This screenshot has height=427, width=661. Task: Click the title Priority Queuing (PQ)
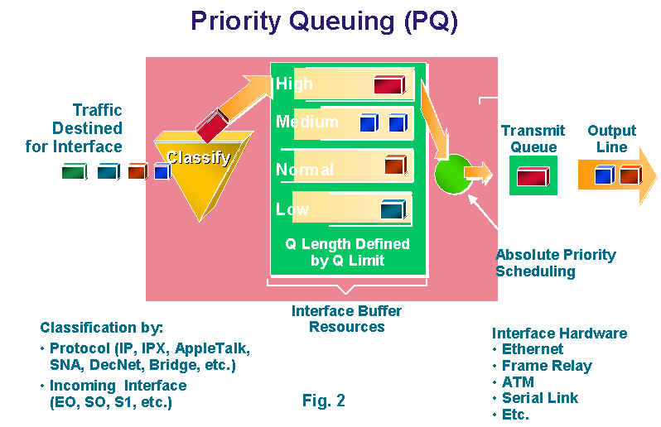324,22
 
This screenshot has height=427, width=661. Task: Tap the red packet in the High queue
389,84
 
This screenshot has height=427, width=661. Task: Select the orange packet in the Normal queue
395,165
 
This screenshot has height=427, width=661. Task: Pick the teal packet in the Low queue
393,209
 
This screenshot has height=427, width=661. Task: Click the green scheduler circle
453,174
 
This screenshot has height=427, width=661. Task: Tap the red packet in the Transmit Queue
533,176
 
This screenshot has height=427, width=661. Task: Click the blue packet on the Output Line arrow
605,175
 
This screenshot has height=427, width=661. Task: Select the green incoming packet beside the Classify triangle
75,171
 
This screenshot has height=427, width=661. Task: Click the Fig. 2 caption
323,401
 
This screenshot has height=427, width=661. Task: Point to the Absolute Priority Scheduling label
556,263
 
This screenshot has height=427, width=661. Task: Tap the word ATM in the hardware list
518,382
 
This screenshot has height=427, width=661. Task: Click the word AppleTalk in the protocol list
212,348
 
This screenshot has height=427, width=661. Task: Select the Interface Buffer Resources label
346,319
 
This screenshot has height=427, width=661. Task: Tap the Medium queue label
306,122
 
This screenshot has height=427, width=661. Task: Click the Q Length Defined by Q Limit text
347,252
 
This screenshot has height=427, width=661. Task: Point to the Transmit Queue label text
533,138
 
